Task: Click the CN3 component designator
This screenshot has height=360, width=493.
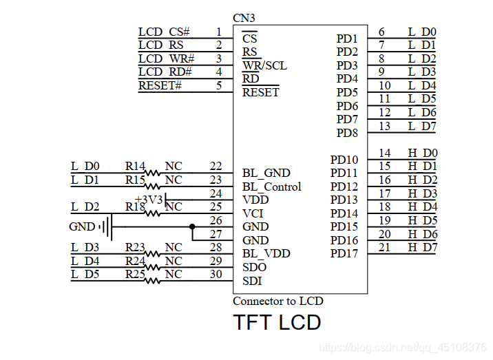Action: coord(244,18)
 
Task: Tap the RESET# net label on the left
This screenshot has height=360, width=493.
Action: coord(160,85)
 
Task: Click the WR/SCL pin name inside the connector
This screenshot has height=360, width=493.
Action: coord(264,65)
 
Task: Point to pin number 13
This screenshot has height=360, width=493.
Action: coord(384,126)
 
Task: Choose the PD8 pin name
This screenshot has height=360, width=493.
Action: coord(347,133)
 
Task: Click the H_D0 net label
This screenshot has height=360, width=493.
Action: coord(422,153)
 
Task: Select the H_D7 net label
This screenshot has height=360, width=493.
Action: coord(422,247)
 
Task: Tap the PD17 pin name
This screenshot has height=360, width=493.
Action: coord(344,254)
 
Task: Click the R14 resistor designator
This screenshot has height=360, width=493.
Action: coord(135,166)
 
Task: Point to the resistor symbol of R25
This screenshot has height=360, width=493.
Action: coord(151,280)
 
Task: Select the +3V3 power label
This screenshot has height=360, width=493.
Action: coord(149,200)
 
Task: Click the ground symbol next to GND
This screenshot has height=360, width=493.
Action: coord(105,226)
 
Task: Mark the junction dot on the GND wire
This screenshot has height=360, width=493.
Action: coord(192,226)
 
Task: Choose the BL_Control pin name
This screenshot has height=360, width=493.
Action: coord(271,187)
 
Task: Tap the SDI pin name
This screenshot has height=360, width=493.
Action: coord(252,281)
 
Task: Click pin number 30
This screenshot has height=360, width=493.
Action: coord(216,274)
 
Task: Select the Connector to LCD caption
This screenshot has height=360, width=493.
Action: coord(277,301)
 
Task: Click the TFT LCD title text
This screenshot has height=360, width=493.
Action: coord(277,322)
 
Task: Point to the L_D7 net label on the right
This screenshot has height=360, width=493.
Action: coord(422,126)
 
